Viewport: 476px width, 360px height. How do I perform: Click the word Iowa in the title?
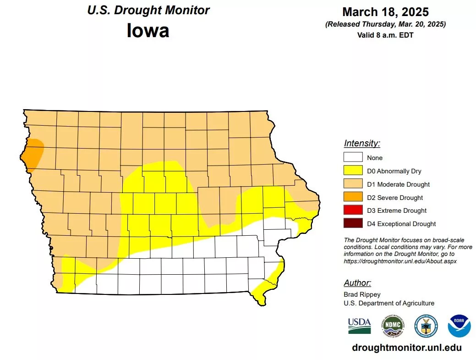tap(148, 31)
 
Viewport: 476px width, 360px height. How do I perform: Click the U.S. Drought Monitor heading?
tap(148, 10)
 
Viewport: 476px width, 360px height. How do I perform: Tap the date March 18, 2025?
tap(385, 11)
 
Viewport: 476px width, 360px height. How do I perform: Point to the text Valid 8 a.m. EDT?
tap(385, 35)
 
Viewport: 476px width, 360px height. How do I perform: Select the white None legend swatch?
tap(353, 158)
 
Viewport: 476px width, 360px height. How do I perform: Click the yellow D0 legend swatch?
tap(353, 171)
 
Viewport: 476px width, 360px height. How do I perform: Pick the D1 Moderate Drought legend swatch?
tap(353, 184)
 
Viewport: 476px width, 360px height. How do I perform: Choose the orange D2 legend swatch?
tap(353, 198)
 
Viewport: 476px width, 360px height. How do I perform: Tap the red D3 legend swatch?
tap(353, 210)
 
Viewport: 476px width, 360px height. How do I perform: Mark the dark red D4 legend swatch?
tap(353, 224)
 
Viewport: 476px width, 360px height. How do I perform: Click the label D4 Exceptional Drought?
tap(401, 224)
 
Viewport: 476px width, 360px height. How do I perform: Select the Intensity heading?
tap(362, 144)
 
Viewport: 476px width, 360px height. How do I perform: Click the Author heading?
tap(357, 283)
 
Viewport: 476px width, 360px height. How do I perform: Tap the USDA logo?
tap(359, 325)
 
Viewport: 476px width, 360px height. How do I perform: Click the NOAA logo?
tap(459, 325)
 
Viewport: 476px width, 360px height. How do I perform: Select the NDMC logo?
tap(393, 325)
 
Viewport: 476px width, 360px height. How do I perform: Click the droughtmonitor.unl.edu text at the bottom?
tap(407, 348)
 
